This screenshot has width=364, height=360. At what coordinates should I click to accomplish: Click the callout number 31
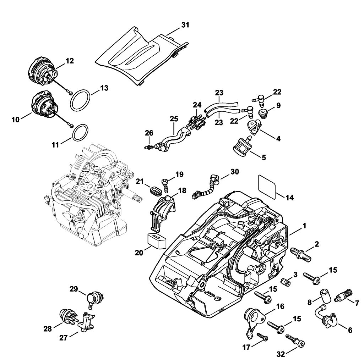point(185,25)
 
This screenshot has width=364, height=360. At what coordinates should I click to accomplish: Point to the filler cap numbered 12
point(43,72)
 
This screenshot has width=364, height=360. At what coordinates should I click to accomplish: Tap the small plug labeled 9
point(262,113)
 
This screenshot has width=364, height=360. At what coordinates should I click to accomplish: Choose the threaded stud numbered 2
point(300,255)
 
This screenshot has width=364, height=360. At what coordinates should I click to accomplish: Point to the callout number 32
point(281,354)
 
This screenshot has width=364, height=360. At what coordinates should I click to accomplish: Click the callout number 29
point(74,289)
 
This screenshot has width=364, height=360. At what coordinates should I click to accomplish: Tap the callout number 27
point(63,338)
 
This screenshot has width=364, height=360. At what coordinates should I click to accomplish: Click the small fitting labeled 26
point(148,147)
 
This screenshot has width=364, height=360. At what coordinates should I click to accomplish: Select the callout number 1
point(304,226)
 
